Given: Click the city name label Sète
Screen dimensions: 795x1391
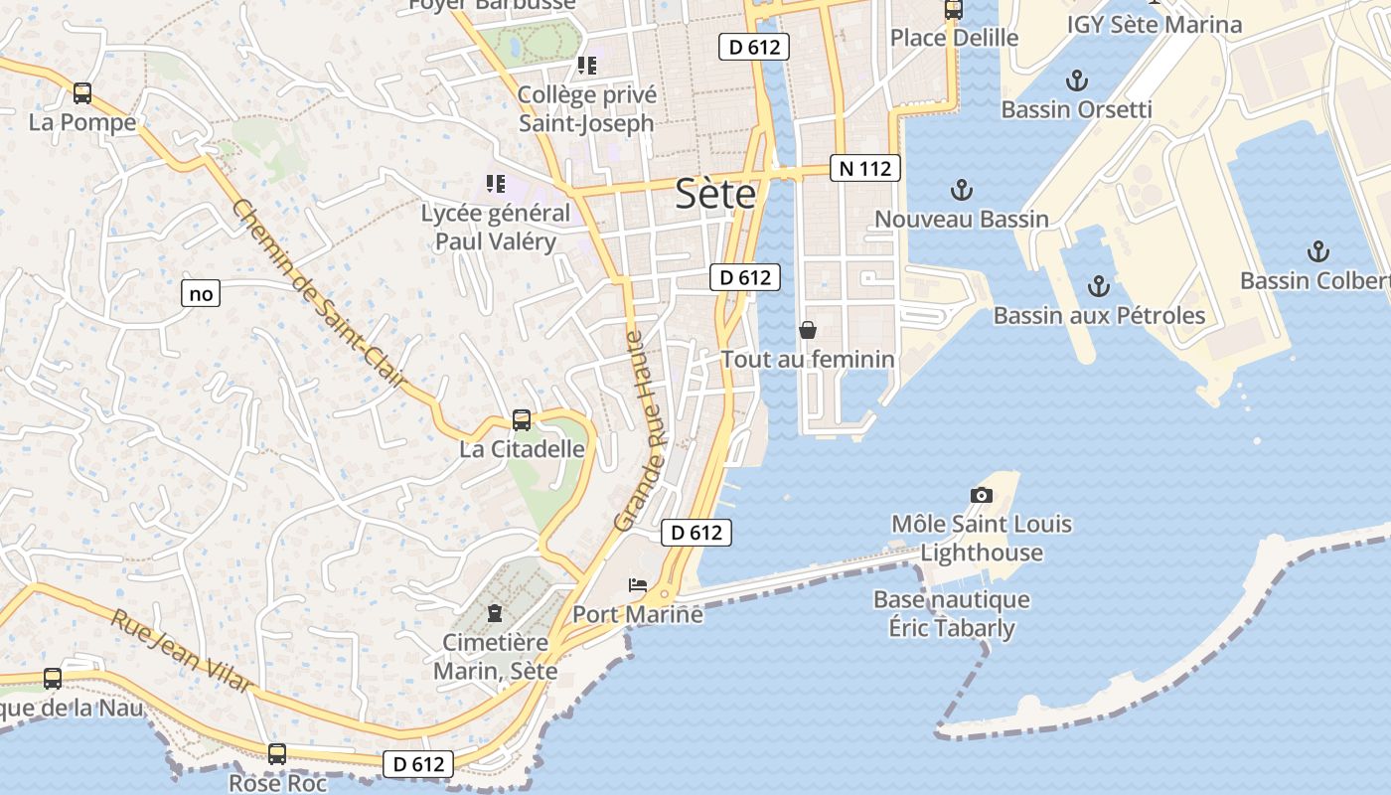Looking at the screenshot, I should [715, 194].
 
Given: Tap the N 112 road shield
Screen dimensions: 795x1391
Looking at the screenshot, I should [864, 169].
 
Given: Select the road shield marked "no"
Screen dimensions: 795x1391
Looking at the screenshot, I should [201, 293].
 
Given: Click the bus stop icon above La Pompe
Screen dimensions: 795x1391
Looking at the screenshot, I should [82, 93].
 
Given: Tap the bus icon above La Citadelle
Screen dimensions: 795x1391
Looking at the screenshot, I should [522, 419].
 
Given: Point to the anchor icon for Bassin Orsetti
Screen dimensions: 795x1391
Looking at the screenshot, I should [1076, 79].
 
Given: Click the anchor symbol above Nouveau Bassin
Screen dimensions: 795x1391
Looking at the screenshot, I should [961, 189].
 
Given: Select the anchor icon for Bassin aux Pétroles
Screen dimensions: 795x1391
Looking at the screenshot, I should [1098, 286].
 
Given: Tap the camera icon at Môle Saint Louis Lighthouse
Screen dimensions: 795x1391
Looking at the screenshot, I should [981, 495].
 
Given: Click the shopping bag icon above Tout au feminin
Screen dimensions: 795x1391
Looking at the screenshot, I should [808, 330].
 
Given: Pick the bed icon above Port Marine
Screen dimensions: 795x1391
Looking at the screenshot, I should [638, 585].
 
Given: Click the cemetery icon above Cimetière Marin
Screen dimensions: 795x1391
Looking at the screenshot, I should [495, 612].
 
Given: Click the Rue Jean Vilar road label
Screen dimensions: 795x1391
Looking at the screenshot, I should [182, 652].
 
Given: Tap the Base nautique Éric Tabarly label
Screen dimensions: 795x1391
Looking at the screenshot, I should [951, 614].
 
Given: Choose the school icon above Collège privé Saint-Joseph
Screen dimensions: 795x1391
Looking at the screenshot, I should [587, 66].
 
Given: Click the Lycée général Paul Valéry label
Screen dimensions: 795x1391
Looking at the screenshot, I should [496, 227].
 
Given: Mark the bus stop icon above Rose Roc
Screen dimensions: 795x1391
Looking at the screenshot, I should [277, 754].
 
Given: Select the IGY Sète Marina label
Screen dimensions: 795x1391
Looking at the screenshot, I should [1155, 25].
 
